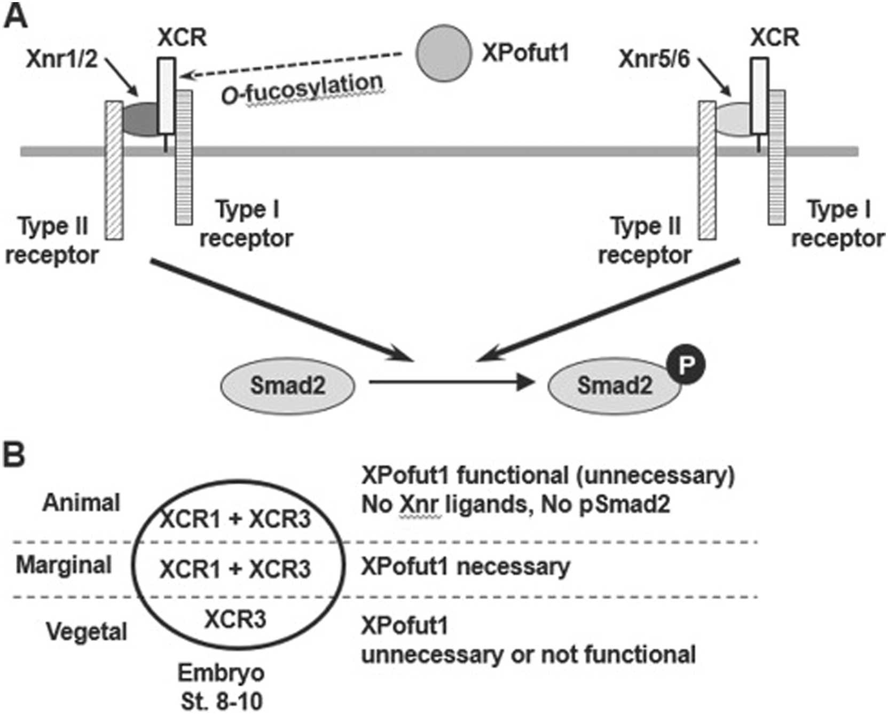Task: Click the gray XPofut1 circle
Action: (x=444, y=52)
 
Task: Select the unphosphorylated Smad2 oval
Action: (x=287, y=385)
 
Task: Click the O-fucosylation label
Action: (x=302, y=89)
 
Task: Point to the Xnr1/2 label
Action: (x=62, y=59)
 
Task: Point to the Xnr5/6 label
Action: (x=655, y=59)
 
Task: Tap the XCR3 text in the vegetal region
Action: (x=235, y=619)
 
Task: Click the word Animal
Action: (x=81, y=502)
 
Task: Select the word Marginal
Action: (x=64, y=565)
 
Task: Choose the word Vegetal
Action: (x=87, y=632)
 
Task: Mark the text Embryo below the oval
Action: (x=221, y=673)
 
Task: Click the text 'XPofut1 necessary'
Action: (x=466, y=567)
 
